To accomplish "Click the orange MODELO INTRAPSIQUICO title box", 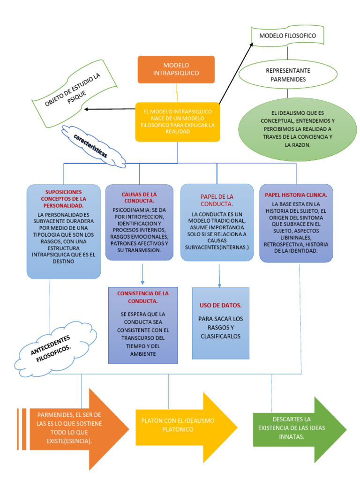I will pos(176,69).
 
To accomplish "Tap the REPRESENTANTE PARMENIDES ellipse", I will pos(288,75).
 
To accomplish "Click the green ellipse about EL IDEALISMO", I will pos(294,129).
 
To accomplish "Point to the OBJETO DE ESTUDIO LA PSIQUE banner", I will pos(75,89).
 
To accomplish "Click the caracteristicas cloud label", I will pos(91,146).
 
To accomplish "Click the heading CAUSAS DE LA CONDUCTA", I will pos(139,197).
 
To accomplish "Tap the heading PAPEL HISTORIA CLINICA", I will pos(296,195).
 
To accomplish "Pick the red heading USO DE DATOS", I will pos(220,305).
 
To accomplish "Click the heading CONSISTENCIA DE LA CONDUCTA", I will pos(143,297).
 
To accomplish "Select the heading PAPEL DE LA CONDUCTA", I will pos(217,200).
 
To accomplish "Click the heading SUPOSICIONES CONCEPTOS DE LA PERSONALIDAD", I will pos(63,199).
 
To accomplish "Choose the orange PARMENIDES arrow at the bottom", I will pos(75,428).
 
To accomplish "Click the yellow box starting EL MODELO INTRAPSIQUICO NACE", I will pos(177,122).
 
